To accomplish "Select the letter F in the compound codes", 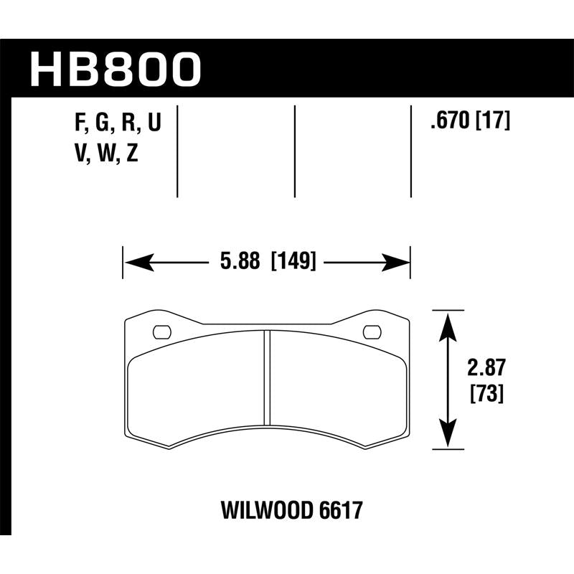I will pyautogui.click(x=80, y=125).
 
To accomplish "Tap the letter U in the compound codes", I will pyautogui.click(x=153, y=125).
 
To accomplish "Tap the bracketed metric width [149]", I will pyautogui.click(x=293, y=263).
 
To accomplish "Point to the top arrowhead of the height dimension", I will pyautogui.click(x=448, y=320).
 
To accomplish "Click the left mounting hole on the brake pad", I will pyautogui.click(x=163, y=331).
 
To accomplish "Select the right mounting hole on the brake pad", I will pyautogui.click(x=372, y=331).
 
